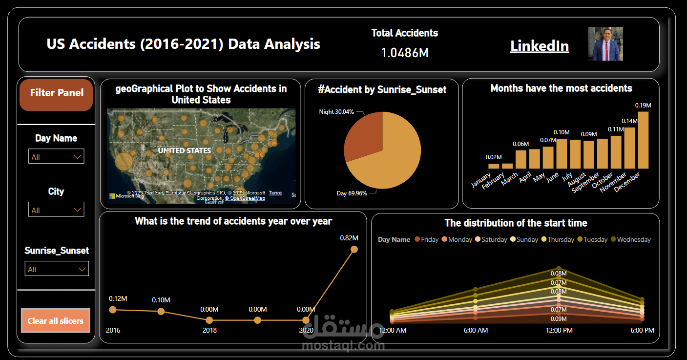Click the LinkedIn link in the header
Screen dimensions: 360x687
coord(539,46)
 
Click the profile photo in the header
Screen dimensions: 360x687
coord(605,44)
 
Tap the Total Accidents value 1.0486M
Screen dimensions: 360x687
coord(405,53)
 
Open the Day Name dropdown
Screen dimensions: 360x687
coord(56,157)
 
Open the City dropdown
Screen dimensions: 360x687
coord(56,210)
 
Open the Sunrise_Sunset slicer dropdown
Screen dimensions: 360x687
coord(57,269)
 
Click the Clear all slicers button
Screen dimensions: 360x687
coord(56,321)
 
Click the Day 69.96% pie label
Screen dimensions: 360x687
coord(352,193)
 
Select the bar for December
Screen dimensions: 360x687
coord(643,140)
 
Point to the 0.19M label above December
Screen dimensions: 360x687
coord(643,105)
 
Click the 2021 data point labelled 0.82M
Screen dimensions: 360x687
coord(354,250)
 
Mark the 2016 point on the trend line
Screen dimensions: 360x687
coord(113,310)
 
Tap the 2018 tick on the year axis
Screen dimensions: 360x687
coord(209,331)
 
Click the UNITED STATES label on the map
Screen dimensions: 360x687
coord(184,150)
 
